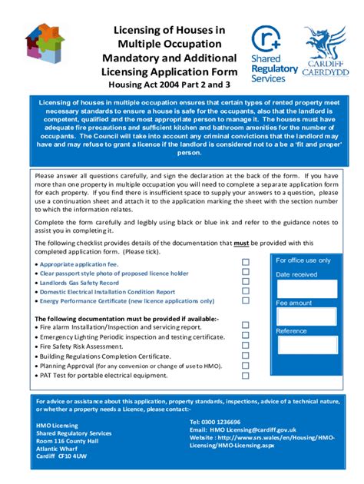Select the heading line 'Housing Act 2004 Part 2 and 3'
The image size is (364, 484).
tap(169, 85)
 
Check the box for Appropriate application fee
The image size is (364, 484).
tap(246, 262)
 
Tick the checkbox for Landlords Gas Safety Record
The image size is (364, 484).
tap(246, 281)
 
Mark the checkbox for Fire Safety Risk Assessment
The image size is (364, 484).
tap(246, 346)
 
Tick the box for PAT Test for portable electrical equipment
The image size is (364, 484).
tap(246, 376)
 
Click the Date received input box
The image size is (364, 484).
tap(306, 288)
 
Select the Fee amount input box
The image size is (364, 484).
tap(306, 317)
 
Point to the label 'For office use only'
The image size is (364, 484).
tap(303, 260)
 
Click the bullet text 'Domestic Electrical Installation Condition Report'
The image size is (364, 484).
tap(108, 292)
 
